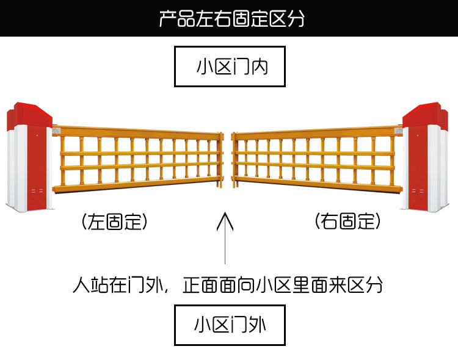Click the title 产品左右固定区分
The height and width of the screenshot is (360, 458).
point(231,18)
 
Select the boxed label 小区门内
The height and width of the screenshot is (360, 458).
point(230,67)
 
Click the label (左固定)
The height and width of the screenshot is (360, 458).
point(114,222)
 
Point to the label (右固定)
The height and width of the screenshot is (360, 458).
point(348,221)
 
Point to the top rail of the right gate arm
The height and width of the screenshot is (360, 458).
point(318,132)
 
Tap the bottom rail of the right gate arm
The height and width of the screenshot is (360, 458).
point(318,184)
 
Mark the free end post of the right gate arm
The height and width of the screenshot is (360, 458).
point(234,157)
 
